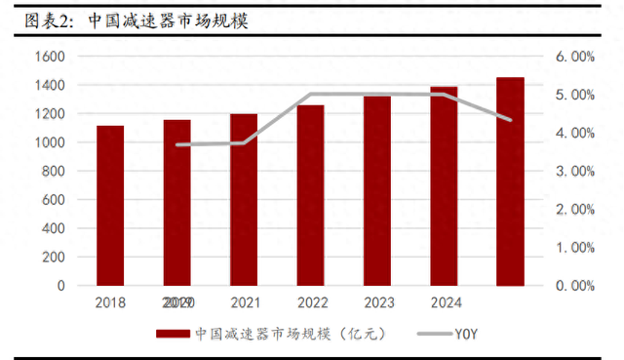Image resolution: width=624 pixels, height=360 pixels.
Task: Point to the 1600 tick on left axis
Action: pyautogui.click(x=49, y=57)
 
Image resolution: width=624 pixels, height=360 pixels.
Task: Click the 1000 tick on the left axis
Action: pyautogui.click(x=49, y=142)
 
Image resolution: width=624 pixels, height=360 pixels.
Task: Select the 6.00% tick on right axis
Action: pyautogui.click(x=575, y=57)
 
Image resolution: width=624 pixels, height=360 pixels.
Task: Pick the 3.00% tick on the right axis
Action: pyautogui.click(x=575, y=171)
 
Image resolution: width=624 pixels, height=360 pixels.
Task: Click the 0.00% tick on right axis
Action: pyautogui.click(x=575, y=286)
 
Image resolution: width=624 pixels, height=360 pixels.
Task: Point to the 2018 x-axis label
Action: pyautogui.click(x=110, y=303)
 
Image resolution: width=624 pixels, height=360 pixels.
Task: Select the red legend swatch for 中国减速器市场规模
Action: pyautogui.click(x=173, y=334)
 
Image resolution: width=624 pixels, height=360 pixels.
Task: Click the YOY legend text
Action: pyautogui.click(x=466, y=334)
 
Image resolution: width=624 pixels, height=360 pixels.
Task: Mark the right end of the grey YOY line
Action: pyautogui.click(x=511, y=120)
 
